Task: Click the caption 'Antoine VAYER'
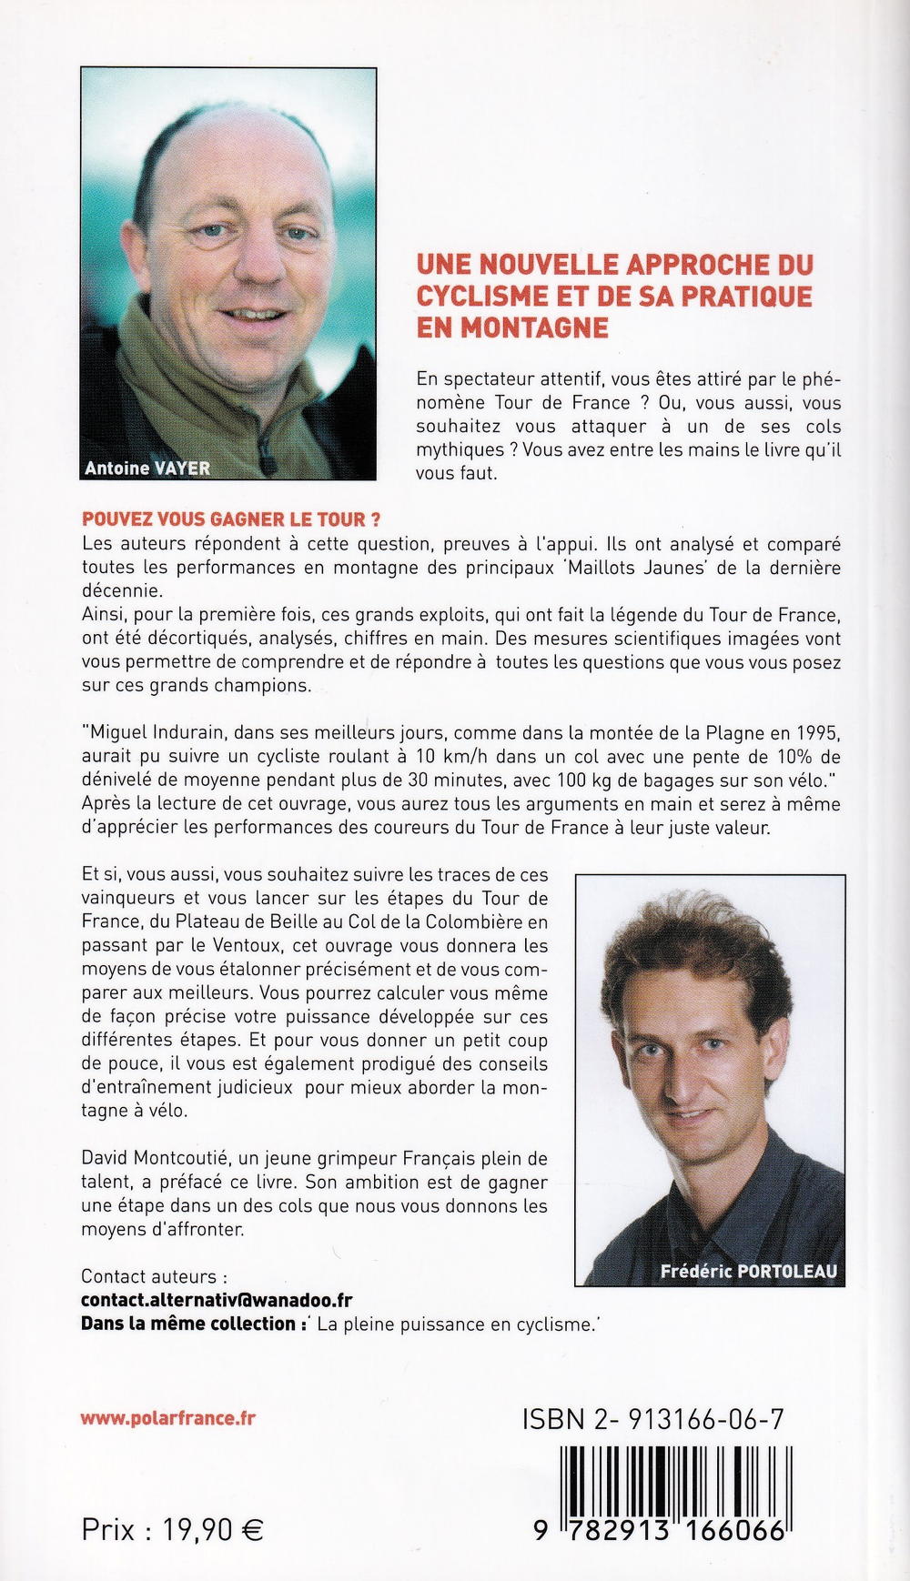tap(147, 468)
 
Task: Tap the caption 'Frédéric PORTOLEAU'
tap(749, 1271)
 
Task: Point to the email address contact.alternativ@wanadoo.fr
tap(217, 1302)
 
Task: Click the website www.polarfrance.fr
tap(168, 1418)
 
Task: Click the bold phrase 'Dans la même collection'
tap(189, 1324)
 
